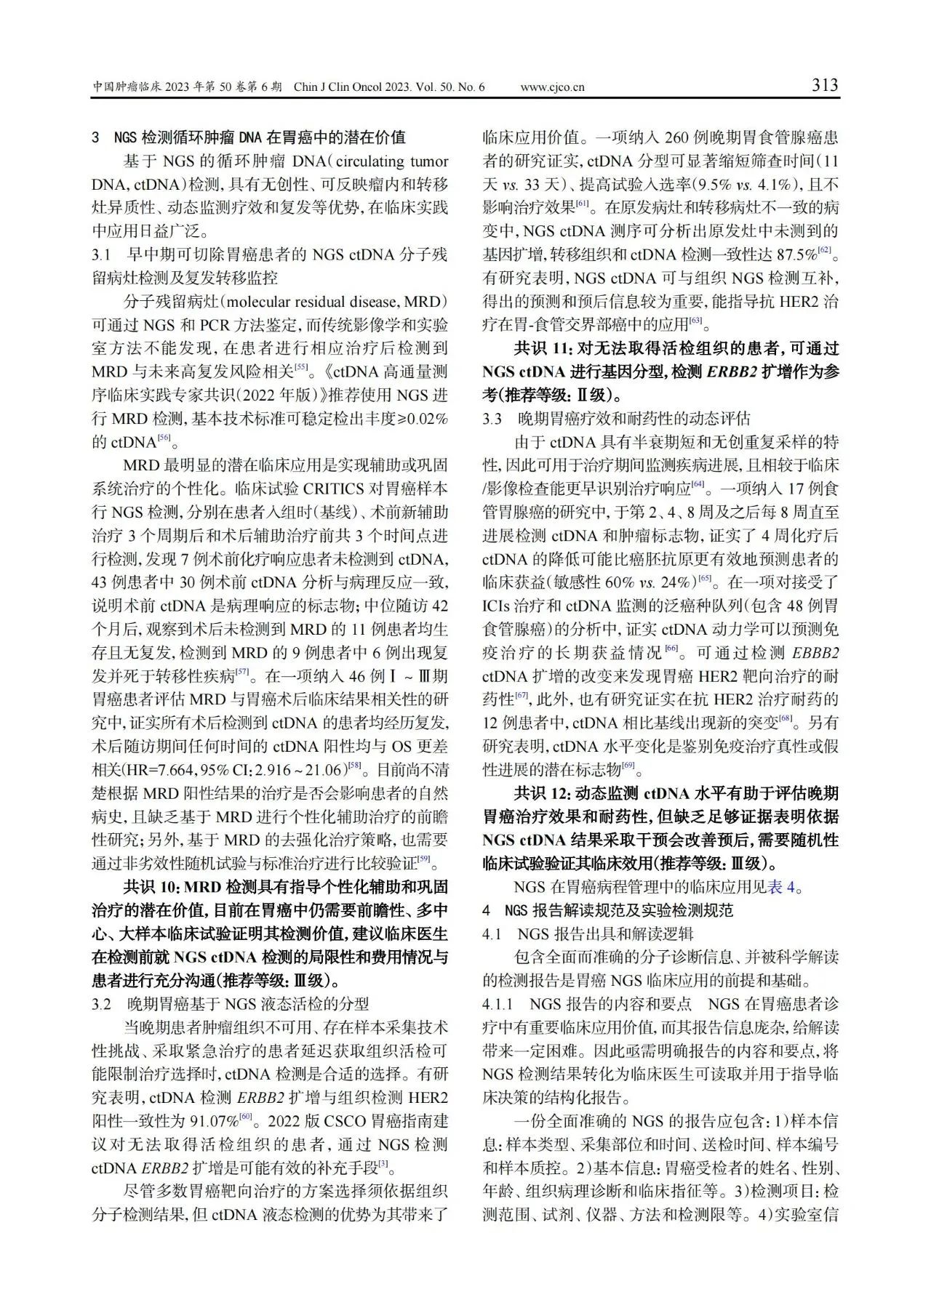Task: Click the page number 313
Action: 825,86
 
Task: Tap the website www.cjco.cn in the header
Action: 553,88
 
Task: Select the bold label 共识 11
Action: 542,348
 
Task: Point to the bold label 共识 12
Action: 542,793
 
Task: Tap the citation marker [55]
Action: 300,368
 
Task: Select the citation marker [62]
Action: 824,251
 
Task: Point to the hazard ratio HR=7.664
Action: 158,770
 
